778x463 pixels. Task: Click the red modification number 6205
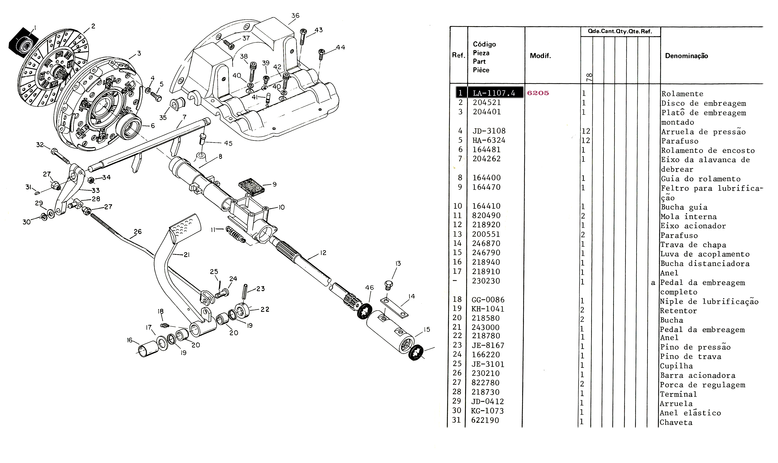coord(538,93)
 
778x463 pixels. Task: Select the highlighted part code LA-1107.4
coord(494,93)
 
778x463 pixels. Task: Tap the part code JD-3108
coord(489,131)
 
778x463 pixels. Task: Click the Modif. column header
coord(540,56)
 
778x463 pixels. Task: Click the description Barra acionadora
coord(697,375)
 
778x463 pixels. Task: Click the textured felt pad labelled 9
coord(251,187)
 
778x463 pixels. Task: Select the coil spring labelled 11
coord(236,235)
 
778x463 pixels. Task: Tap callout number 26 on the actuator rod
coord(137,231)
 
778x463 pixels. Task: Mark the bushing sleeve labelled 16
coord(148,349)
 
